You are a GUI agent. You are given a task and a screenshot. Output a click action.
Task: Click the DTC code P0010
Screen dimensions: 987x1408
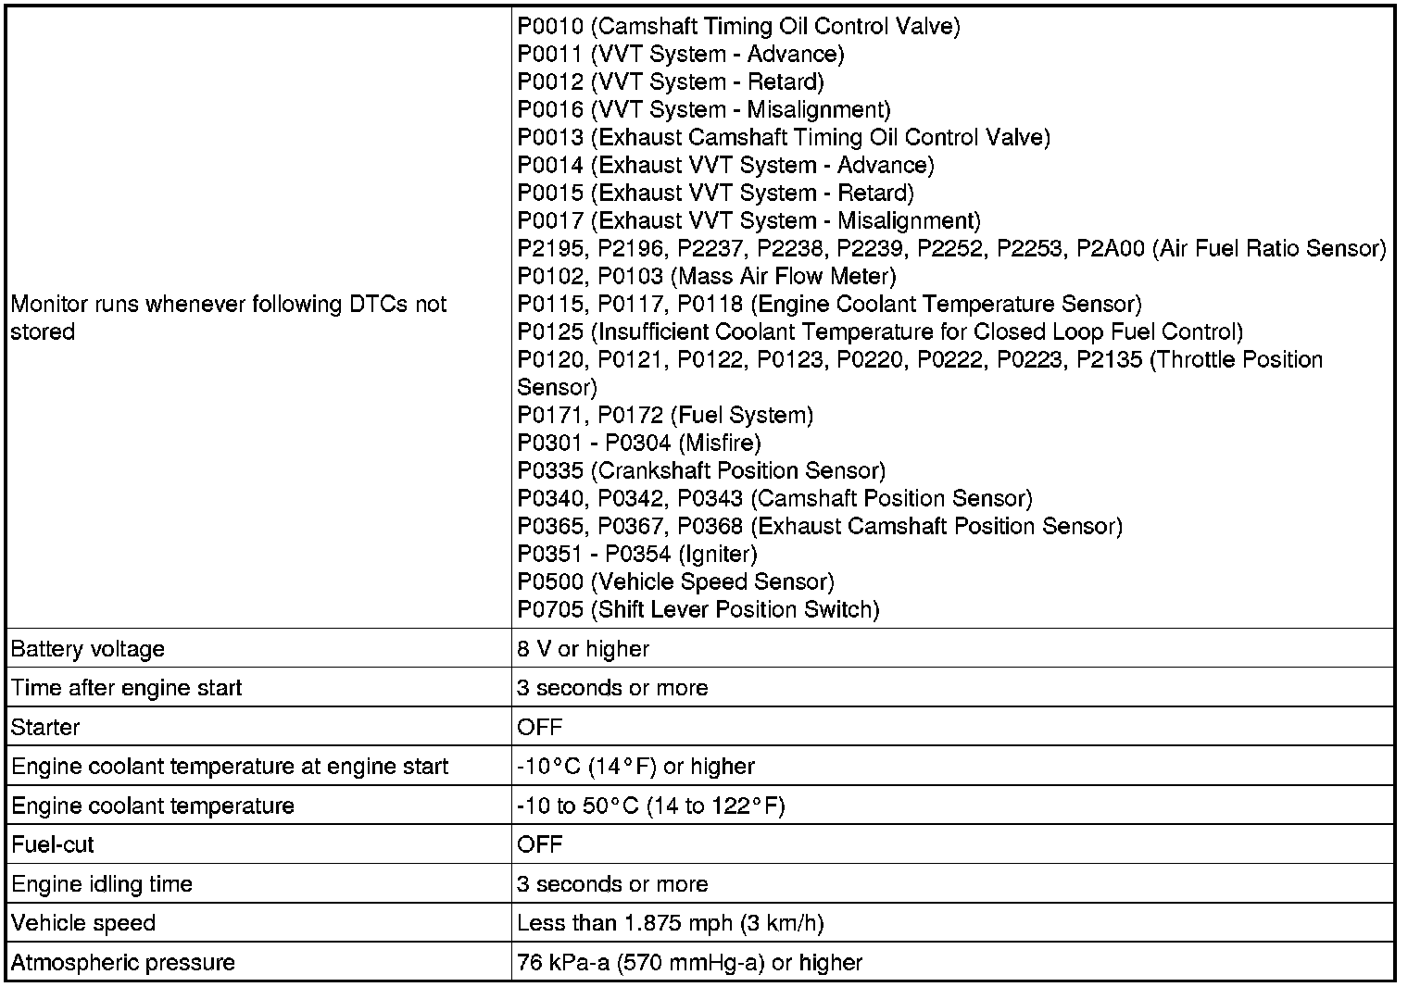click(550, 26)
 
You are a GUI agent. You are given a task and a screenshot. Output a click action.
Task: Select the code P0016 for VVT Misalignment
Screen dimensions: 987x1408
click(550, 109)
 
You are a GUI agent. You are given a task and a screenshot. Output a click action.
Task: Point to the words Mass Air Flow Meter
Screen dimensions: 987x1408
click(782, 276)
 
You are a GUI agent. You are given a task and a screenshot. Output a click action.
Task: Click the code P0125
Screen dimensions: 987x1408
click(550, 331)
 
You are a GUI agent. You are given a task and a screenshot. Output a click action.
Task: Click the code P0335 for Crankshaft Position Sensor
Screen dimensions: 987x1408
click(550, 470)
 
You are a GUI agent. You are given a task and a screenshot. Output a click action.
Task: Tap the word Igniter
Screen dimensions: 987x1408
click(718, 554)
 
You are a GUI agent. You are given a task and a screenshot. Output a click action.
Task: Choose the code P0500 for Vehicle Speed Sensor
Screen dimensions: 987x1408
click(550, 581)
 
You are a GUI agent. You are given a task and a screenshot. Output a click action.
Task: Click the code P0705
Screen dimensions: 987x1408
click(550, 609)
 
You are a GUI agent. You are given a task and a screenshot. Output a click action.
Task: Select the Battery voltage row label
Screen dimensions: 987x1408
click(88, 649)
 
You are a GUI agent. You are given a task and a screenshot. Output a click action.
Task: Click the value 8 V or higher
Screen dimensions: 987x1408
click(584, 649)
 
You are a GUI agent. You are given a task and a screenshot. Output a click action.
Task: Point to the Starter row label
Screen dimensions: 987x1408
click(45, 727)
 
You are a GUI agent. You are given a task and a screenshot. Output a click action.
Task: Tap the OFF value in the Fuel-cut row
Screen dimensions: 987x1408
click(540, 844)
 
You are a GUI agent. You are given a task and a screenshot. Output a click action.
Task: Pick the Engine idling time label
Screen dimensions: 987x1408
click(102, 884)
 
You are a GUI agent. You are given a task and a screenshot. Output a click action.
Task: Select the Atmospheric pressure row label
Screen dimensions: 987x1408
click(123, 962)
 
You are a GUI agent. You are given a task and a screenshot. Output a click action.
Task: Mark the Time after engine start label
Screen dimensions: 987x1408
click(126, 688)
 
